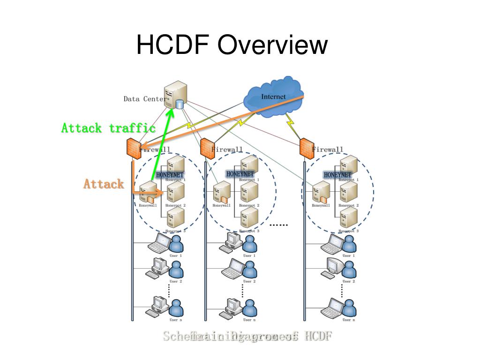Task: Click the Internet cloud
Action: tap(273, 96)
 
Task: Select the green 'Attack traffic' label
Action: tap(108, 128)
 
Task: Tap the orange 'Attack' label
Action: tap(104, 184)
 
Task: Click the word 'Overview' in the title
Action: tap(272, 45)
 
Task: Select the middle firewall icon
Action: tap(207, 148)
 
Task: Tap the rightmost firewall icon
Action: tap(307, 148)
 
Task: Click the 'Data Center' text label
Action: tap(144, 99)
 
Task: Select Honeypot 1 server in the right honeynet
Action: tap(348, 165)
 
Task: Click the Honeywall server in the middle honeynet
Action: tap(221, 192)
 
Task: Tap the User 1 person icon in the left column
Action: tap(176, 244)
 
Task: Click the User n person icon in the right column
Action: tap(349, 307)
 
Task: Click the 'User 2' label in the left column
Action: tap(176, 282)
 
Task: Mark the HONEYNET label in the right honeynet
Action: tap(337, 175)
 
